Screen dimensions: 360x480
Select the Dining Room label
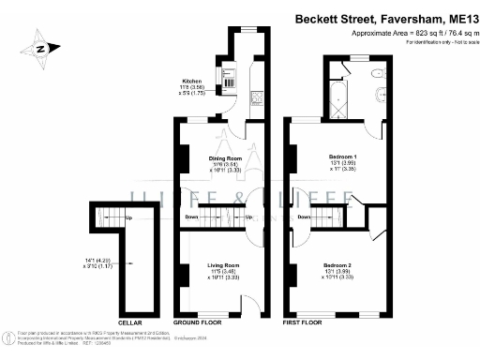coord(225,158)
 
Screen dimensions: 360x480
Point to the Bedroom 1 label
coord(342,156)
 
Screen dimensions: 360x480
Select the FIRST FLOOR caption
coord(304,324)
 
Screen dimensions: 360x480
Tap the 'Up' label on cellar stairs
coord(128,219)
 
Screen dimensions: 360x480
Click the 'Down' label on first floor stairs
coord(304,217)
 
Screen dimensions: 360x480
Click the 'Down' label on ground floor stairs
coord(190,217)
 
